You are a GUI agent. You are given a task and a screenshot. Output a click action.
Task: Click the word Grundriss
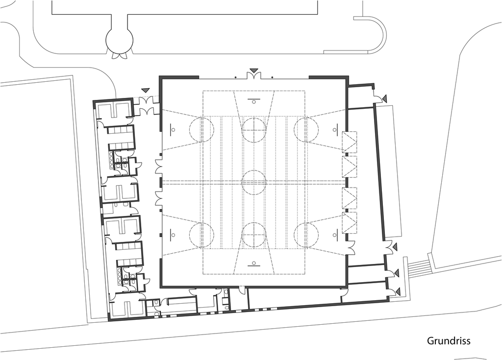449,341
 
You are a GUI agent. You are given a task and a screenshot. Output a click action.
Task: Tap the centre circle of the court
254,182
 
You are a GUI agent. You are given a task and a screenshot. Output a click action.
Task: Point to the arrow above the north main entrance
254,70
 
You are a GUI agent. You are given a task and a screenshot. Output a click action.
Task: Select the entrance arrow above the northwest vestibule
146,91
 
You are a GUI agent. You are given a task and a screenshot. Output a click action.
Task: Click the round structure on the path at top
120,40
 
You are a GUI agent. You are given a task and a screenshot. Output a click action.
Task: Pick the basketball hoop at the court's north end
253,101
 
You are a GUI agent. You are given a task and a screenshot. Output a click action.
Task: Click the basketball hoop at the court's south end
253,264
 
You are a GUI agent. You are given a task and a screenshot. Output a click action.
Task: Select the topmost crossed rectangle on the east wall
350,142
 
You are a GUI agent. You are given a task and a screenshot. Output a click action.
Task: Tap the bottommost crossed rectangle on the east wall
350,222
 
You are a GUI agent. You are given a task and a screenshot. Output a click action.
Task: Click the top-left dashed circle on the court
201,129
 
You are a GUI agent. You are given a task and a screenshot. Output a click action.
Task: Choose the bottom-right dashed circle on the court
306,235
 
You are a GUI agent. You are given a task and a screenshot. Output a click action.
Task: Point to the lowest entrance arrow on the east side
398,291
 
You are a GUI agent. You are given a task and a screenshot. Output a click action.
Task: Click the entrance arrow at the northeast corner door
384,98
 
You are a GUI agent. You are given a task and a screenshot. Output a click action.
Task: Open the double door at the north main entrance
254,76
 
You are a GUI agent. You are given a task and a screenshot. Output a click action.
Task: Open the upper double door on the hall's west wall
159,167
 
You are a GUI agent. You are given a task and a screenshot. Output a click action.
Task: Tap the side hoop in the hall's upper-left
172,129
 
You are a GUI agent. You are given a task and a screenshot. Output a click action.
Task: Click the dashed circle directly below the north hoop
254,129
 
